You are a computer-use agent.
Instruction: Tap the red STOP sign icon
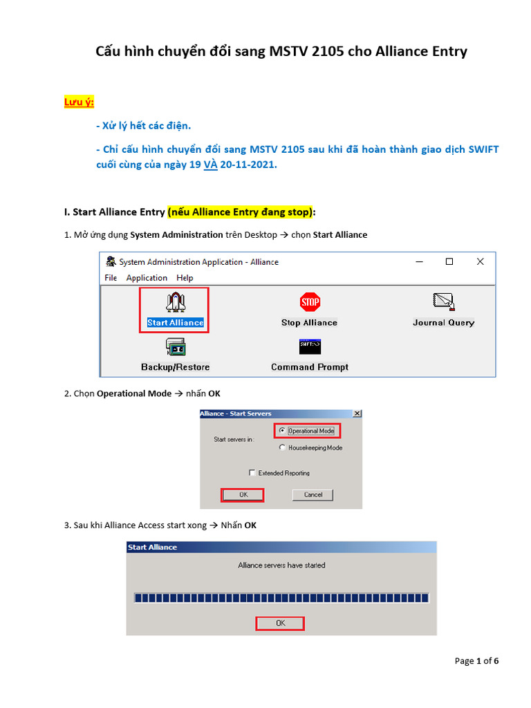click(x=310, y=302)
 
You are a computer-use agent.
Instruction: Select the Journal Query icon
click(x=443, y=302)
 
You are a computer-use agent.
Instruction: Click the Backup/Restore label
click(x=175, y=367)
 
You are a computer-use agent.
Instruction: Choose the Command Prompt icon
click(x=310, y=346)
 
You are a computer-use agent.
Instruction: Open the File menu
click(x=111, y=278)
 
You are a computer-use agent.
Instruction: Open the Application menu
click(x=147, y=278)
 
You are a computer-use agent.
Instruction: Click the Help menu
click(x=185, y=278)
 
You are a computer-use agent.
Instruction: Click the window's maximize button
click(x=449, y=261)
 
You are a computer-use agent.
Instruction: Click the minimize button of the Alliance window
click(x=418, y=261)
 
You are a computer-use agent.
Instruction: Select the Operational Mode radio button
click(x=282, y=431)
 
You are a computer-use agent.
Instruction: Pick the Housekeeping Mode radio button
click(x=282, y=448)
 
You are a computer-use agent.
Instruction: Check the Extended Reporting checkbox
click(x=252, y=473)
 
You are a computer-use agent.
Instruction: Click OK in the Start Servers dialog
click(x=243, y=494)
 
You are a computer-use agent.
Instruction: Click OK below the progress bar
click(x=280, y=623)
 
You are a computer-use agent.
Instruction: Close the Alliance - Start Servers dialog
click(x=357, y=413)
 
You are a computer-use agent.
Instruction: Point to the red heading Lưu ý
click(x=79, y=102)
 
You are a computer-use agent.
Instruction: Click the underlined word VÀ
click(x=210, y=166)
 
